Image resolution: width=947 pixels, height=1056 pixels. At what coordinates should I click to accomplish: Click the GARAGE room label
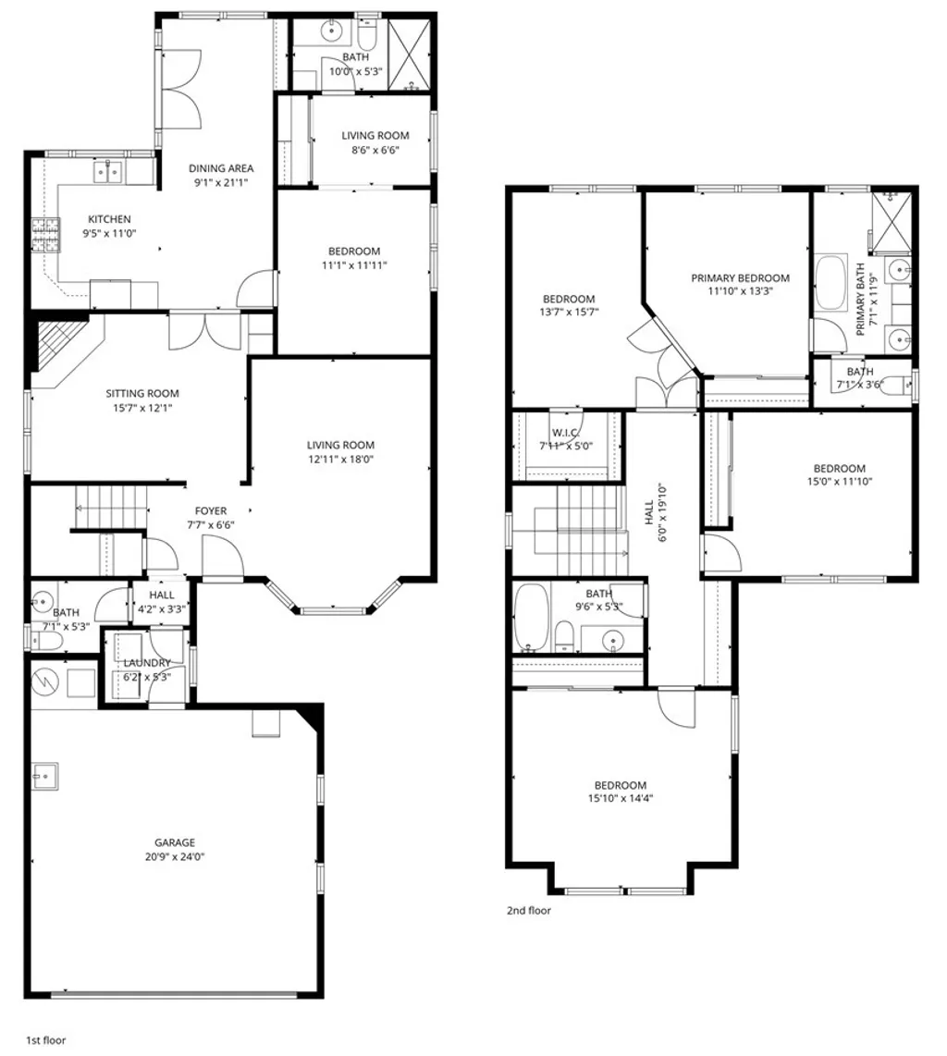click(174, 842)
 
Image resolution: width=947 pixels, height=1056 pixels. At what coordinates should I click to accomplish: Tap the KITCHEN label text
click(109, 219)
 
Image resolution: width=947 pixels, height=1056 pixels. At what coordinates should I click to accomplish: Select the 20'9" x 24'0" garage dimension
click(174, 856)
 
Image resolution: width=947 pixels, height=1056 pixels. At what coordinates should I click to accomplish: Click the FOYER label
click(210, 510)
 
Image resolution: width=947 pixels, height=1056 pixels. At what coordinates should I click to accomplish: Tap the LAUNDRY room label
click(147, 663)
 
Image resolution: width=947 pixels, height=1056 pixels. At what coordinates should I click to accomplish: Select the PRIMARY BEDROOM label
click(740, 277)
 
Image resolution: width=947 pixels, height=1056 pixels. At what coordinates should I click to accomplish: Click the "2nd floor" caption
click(528, 911)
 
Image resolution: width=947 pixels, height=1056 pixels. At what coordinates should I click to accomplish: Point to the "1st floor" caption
click(45, 1041)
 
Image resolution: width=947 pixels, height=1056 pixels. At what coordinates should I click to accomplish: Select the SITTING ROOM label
click(141, 393)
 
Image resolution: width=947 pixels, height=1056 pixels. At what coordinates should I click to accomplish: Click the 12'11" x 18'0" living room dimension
click(341, 459)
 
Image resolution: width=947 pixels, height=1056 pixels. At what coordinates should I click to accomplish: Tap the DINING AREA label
click(221, 168)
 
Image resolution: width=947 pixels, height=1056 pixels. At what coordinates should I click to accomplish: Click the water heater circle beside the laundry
click(45, 681)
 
